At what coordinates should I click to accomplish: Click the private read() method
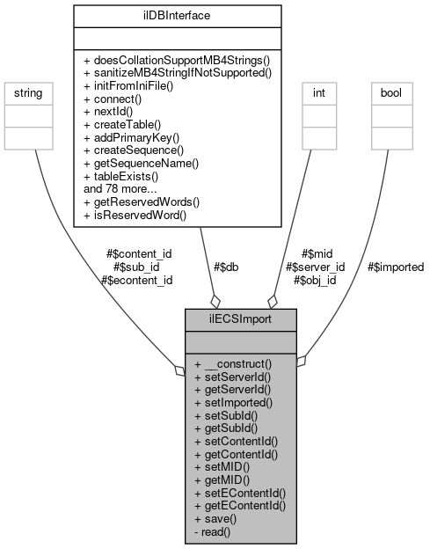[x=214, y=532]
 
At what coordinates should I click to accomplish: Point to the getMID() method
[x=222, y=479]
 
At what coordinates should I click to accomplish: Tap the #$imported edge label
[x=395, y=267]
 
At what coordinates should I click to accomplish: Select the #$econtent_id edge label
[x=136, y=280]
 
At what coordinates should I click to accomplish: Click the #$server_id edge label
[x=315, y=267]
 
